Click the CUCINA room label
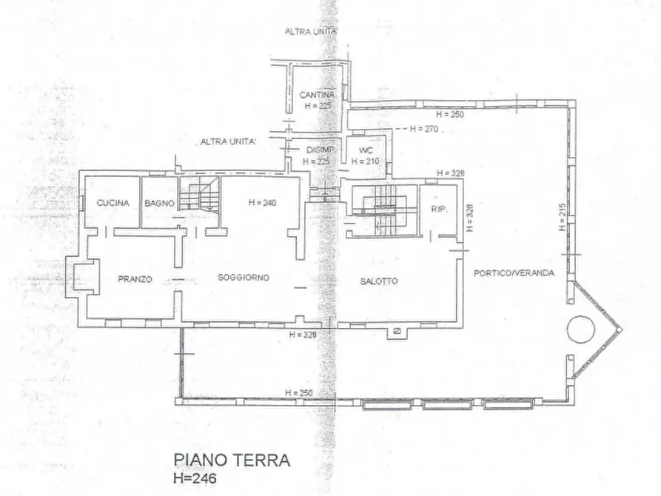coord(113,203)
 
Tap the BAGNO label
coord(159,203)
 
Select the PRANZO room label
coord(135,279)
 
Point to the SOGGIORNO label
coord(244,278)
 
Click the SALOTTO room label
coord(379,281)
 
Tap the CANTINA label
coord(317,95)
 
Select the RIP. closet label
coord(438,210)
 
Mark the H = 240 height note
coord(263,202)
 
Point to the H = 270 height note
coord(423,129)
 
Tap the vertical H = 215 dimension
coord(563,218)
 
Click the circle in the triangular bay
coord(580,328)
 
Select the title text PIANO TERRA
coord(231,460)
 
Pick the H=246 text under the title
coord(196,478)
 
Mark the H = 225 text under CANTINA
coord(317,106)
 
